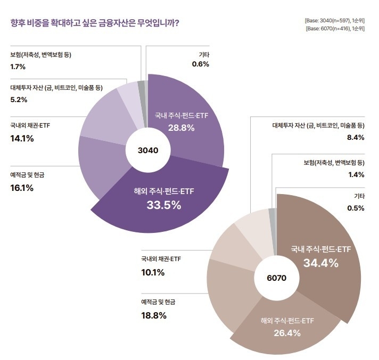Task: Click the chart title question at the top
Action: [94, 23]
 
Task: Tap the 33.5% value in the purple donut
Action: [163, 205]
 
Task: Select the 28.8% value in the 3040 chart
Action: [182, 128]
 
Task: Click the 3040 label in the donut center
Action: [148, 150]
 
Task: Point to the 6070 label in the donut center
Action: [277, 278]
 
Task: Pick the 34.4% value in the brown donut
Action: [321, 262]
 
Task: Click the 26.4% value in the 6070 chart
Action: [287, 333]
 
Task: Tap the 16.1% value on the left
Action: [22, 188]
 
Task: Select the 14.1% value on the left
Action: [22, 138]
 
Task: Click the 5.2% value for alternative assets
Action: [19, 99]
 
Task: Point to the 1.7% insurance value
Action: [18, 67]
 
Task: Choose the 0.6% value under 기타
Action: [201, 64]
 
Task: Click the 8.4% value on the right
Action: [355, 137]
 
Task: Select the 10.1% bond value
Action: [153, 272]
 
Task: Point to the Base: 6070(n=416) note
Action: [335, 29]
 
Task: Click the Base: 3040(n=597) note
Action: [335, 20]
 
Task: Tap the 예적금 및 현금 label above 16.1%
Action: [27, 174]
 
